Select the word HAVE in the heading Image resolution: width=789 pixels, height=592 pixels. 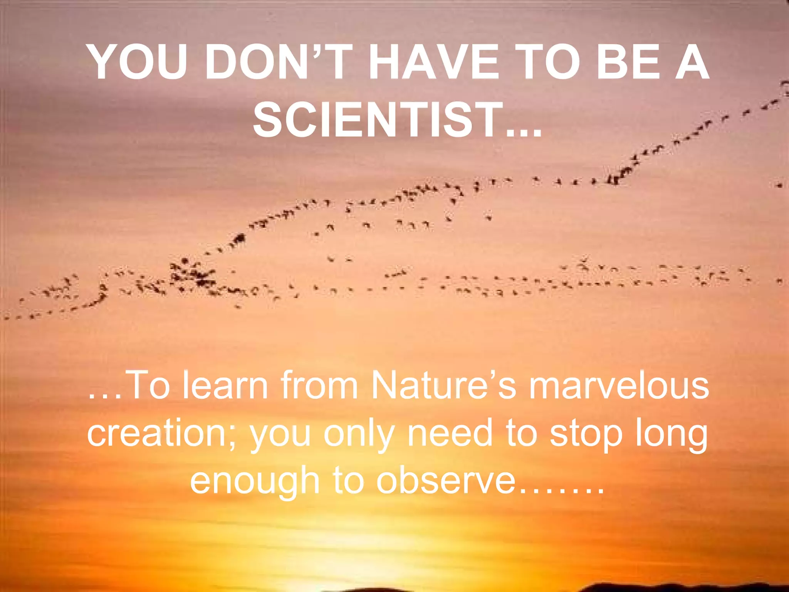coord(434,62)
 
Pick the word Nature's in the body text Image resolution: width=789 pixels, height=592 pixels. coord(443,385)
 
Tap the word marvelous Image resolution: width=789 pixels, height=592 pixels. coord(619,385)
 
